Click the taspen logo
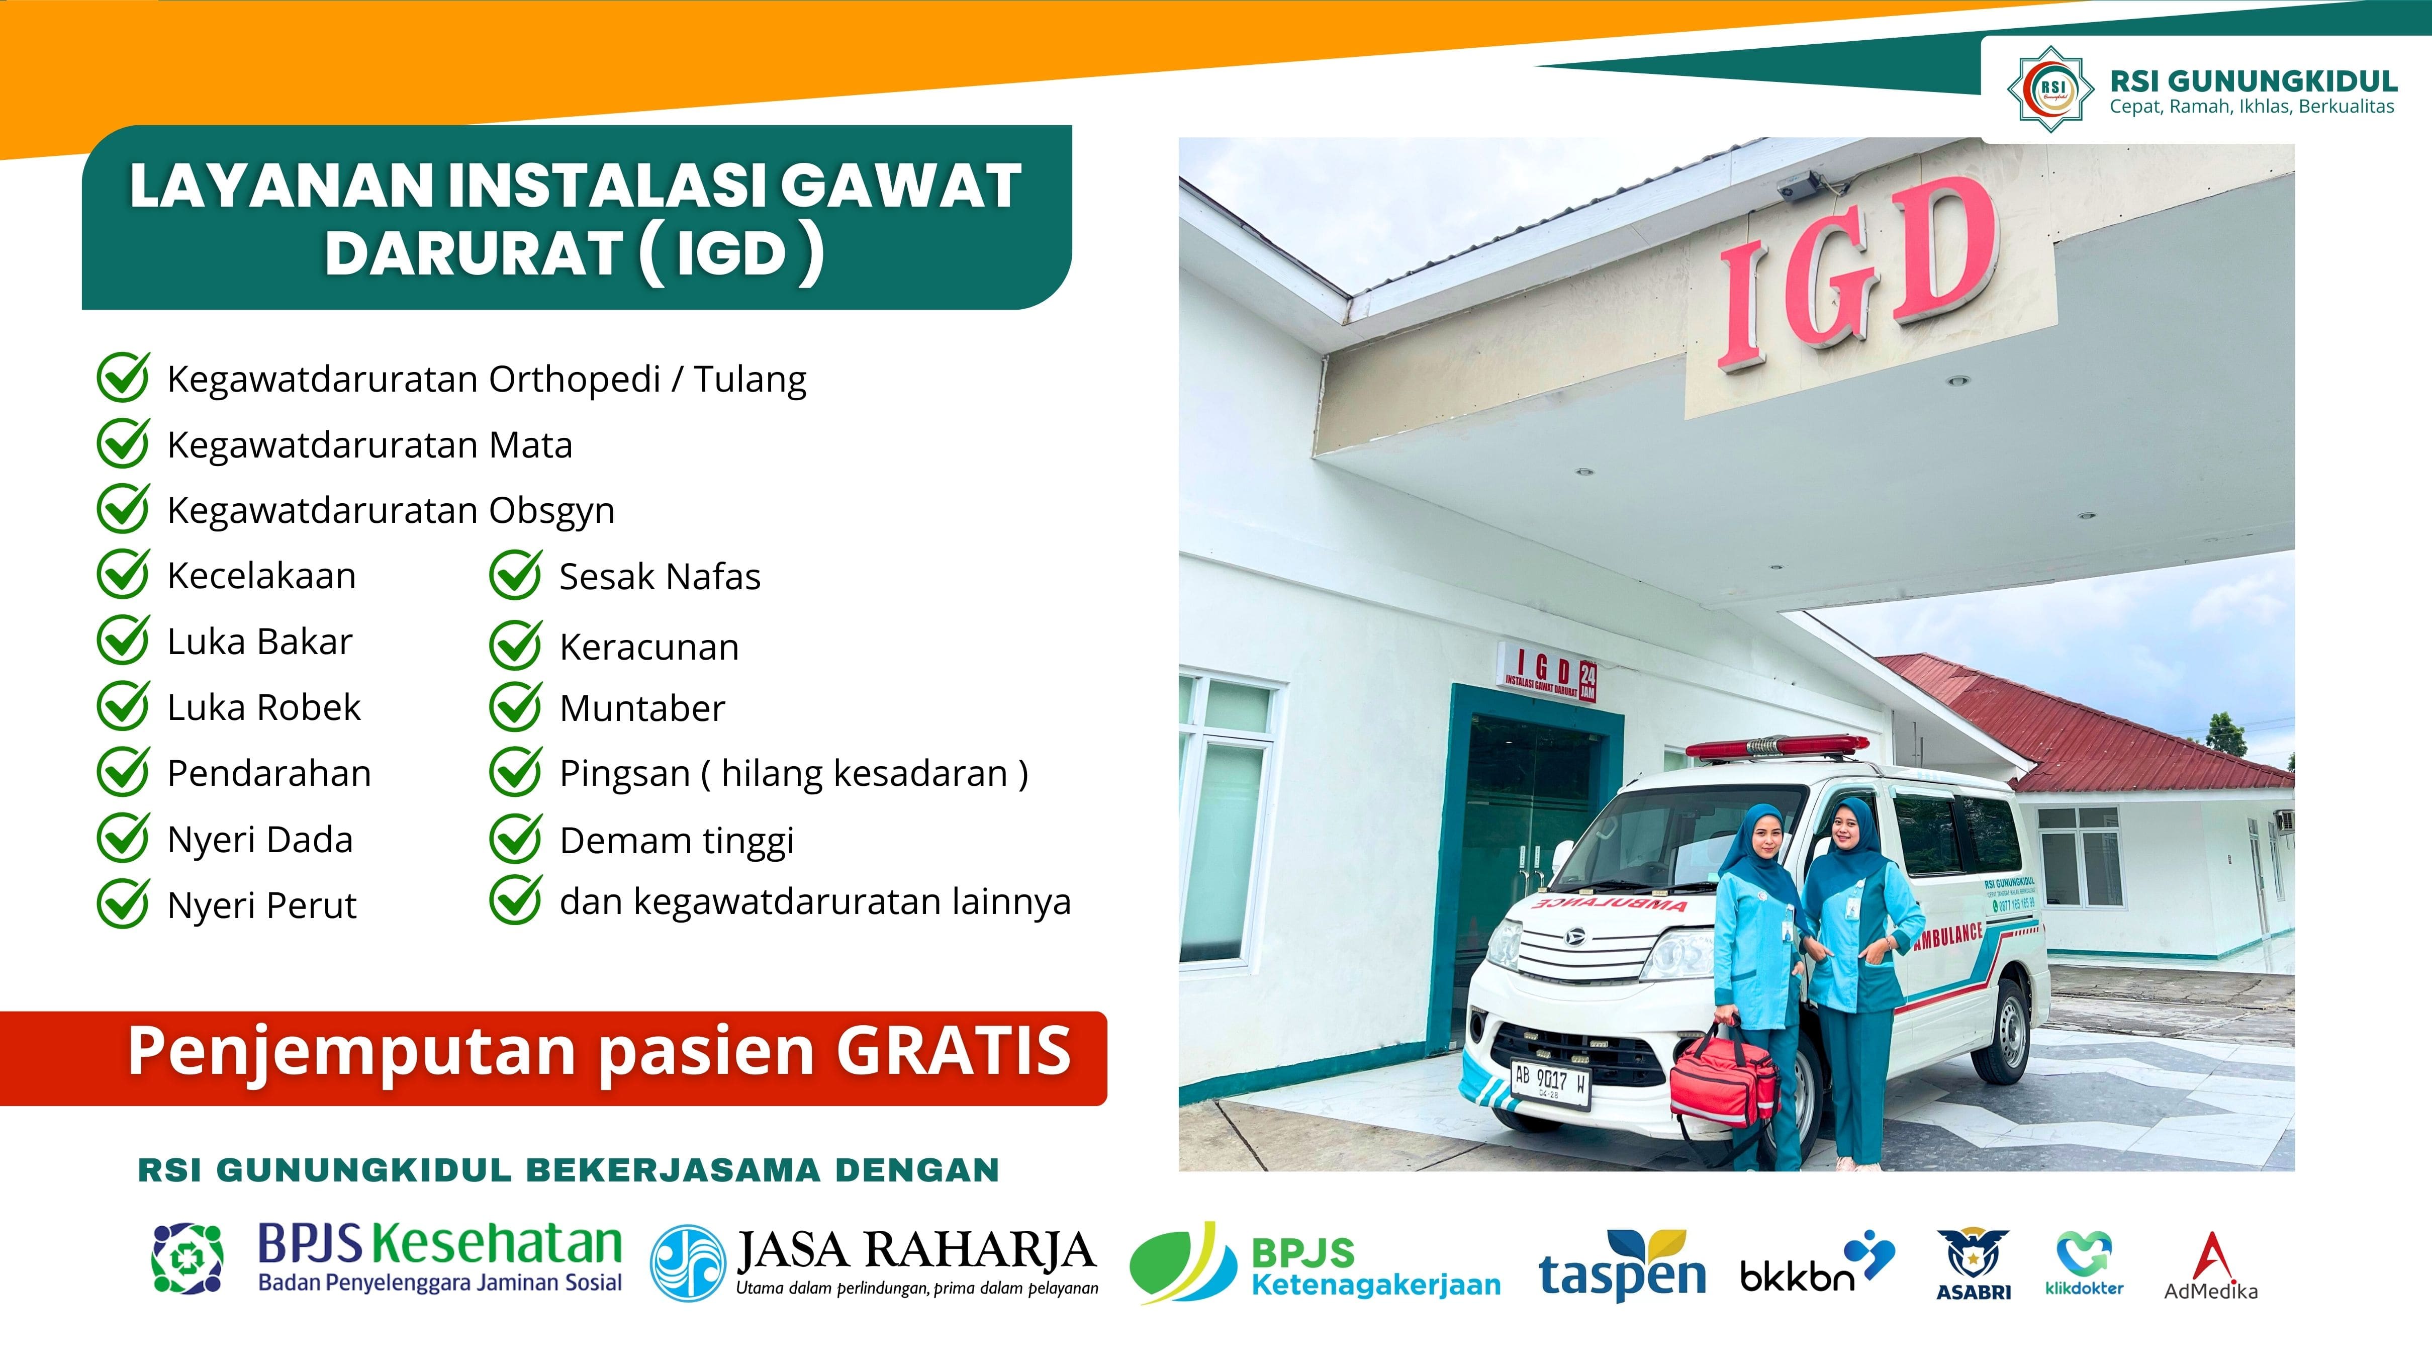(1622, 1265)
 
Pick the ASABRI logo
(1973, 1265)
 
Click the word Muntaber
(642, 708)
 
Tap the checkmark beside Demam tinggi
(515, 839)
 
